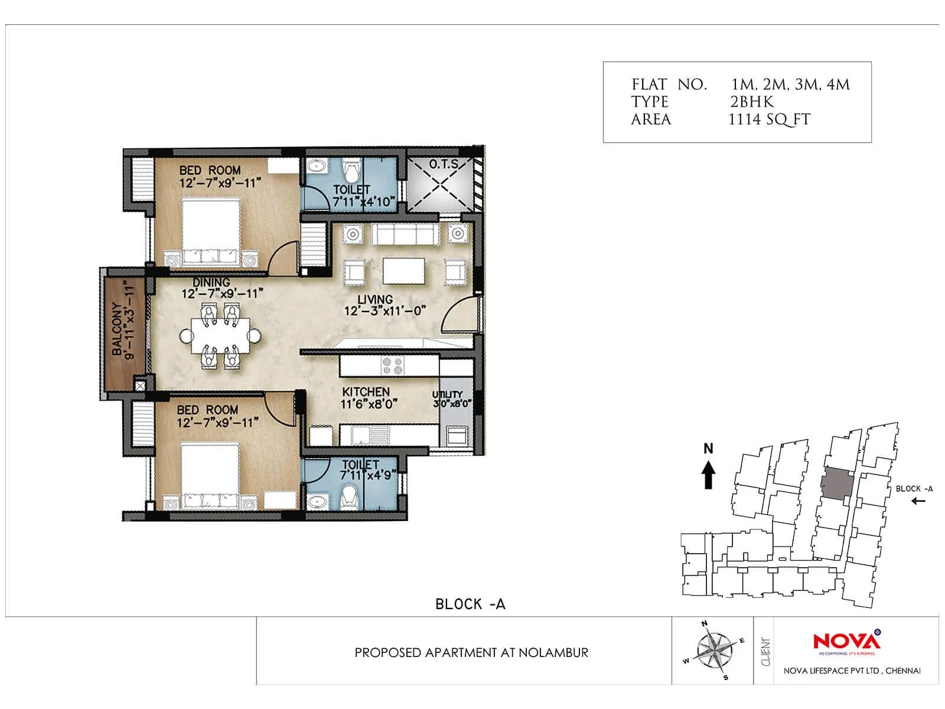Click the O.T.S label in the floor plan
(x=443, y=164)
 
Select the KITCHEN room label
(x=366, y=392)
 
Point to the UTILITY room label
(x=447, y=394)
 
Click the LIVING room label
(x=375, y=300)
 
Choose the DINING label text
(x=211, y=282)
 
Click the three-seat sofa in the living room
(x=405, y=235)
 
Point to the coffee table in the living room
(x=404, y=271)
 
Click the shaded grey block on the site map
(x=837, y=483)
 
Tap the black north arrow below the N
(x=708, y=476)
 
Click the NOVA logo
(x=846, y=642)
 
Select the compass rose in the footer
(x=713, y=651)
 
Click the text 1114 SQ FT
(x=769, y=120)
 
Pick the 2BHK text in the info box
(x=751, y=102)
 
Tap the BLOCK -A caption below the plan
(x=470, y=604)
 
